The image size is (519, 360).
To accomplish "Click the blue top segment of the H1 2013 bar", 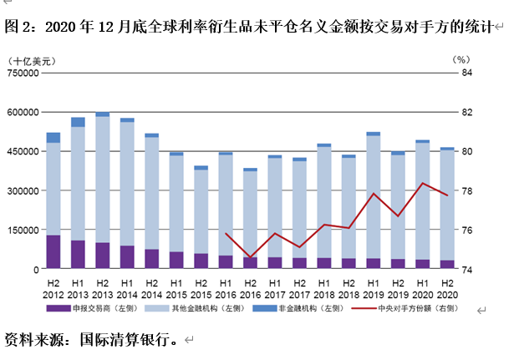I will coord(78,122).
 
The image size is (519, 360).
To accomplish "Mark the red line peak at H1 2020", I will coord(423,183).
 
